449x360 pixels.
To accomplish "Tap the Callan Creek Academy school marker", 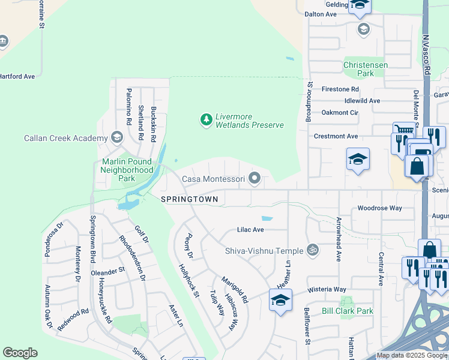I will (116, 138).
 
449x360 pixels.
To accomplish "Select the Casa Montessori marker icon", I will (255, 178).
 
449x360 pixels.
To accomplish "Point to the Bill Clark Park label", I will (347, 311).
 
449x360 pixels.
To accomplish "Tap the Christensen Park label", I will (365, 69).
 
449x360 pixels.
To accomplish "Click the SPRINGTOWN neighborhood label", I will (188, 199).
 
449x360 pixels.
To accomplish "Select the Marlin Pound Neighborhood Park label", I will (127, 170).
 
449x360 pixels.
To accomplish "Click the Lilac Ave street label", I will (250, 230).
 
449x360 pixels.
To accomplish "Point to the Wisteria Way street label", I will (328, 289).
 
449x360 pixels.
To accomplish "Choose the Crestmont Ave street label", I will (336, 136).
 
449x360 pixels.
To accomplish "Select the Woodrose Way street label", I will (379, 208).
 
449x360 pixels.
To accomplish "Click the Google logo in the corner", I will (20, 353).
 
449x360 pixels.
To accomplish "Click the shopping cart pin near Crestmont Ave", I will (404, 131).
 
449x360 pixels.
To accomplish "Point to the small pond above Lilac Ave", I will (267, 218).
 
